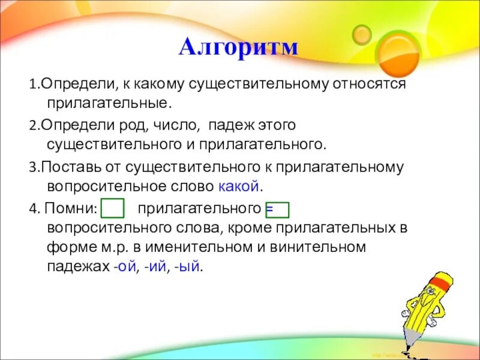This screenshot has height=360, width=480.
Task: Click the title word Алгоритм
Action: coord(238,47)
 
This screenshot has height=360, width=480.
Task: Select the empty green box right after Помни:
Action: coord(113,209)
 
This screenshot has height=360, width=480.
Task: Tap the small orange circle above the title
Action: coord(362,34)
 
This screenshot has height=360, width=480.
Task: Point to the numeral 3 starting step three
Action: coord(32,167)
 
